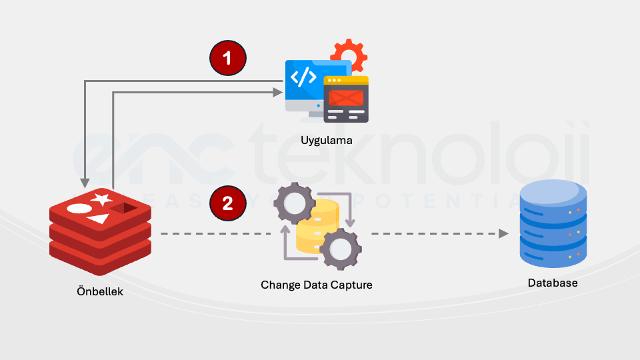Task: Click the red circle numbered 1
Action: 227,58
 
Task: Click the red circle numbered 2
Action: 227,203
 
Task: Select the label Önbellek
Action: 99,291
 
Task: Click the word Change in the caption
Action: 280,285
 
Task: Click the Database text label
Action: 553,283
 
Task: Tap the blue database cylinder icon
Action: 553,224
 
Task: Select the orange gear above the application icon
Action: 349,54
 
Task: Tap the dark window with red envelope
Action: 346,99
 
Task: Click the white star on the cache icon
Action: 102,199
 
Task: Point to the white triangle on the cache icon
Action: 98,219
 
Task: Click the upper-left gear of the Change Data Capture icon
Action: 293,203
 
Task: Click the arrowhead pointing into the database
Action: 503,234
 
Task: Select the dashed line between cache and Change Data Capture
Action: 213,234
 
